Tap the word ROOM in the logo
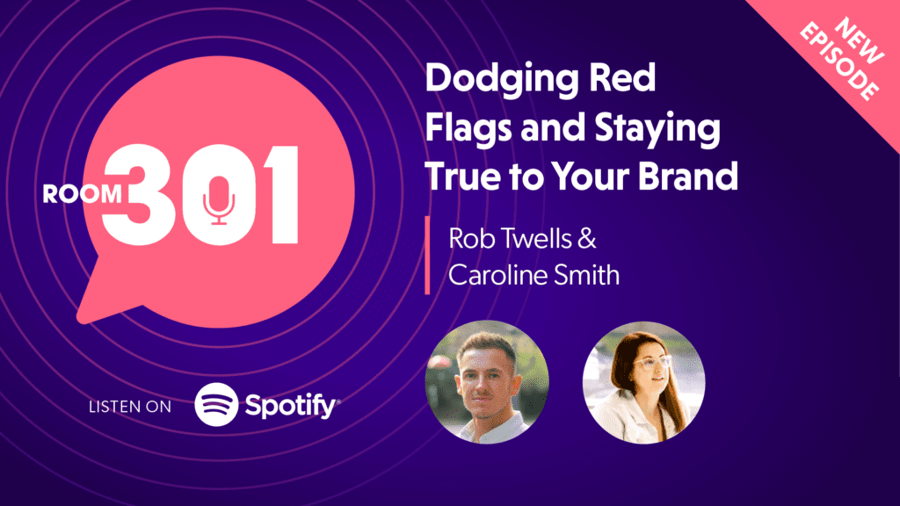click(83, 194)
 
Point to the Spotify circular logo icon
click(216, 405)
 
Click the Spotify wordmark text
click(290, 407)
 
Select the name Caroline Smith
click(533, 275)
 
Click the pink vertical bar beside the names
click(427, 256)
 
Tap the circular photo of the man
click(486, 382)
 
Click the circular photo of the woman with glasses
click(643, 382)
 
